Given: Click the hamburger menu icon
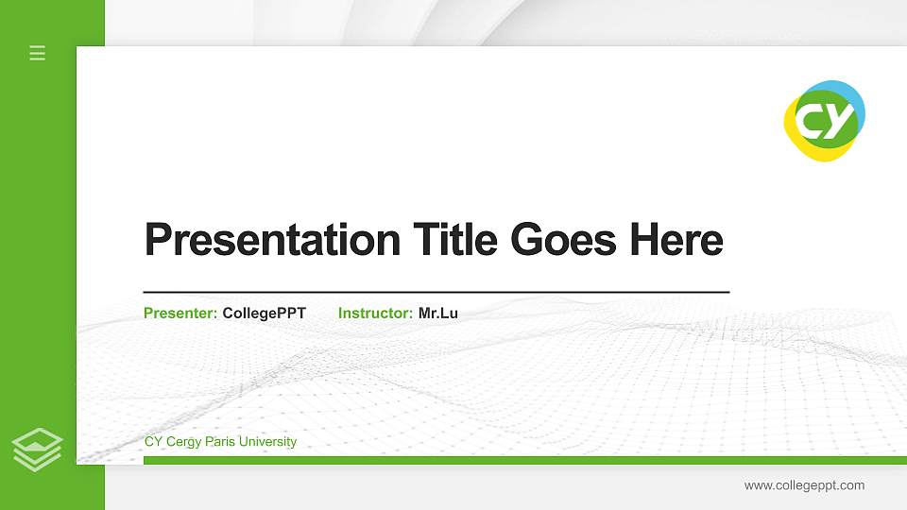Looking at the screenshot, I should click(38, 53).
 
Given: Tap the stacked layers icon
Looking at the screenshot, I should click(38, 449).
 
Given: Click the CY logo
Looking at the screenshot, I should click(824, 121).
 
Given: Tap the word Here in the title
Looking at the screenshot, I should click(676, 240).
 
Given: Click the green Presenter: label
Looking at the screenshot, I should click(180, 313).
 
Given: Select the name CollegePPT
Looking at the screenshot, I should click(264, 313).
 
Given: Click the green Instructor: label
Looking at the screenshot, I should click(375, 313).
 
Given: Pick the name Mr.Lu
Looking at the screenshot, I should click(438, 313).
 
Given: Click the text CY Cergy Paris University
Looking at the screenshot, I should click(220, 442).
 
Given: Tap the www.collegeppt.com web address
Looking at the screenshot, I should click(804, 485).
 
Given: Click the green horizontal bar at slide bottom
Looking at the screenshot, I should click(520, 460).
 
